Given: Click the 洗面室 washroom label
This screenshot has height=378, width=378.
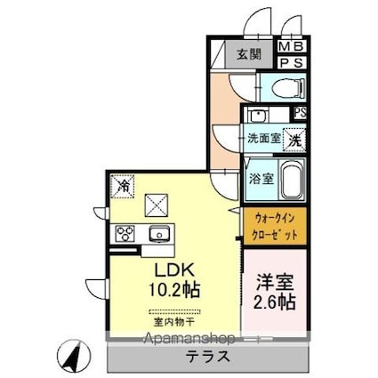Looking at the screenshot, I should tap(263, 140).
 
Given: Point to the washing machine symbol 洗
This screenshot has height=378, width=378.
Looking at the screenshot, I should tap(294, 139).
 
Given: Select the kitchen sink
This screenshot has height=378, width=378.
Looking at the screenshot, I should tap(161, 235).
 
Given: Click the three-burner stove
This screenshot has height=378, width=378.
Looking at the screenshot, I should tap(125, 235).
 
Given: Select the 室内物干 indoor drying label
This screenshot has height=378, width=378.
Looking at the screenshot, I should tap(169, 323).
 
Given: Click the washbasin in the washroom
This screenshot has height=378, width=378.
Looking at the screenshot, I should tap(257, 116).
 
